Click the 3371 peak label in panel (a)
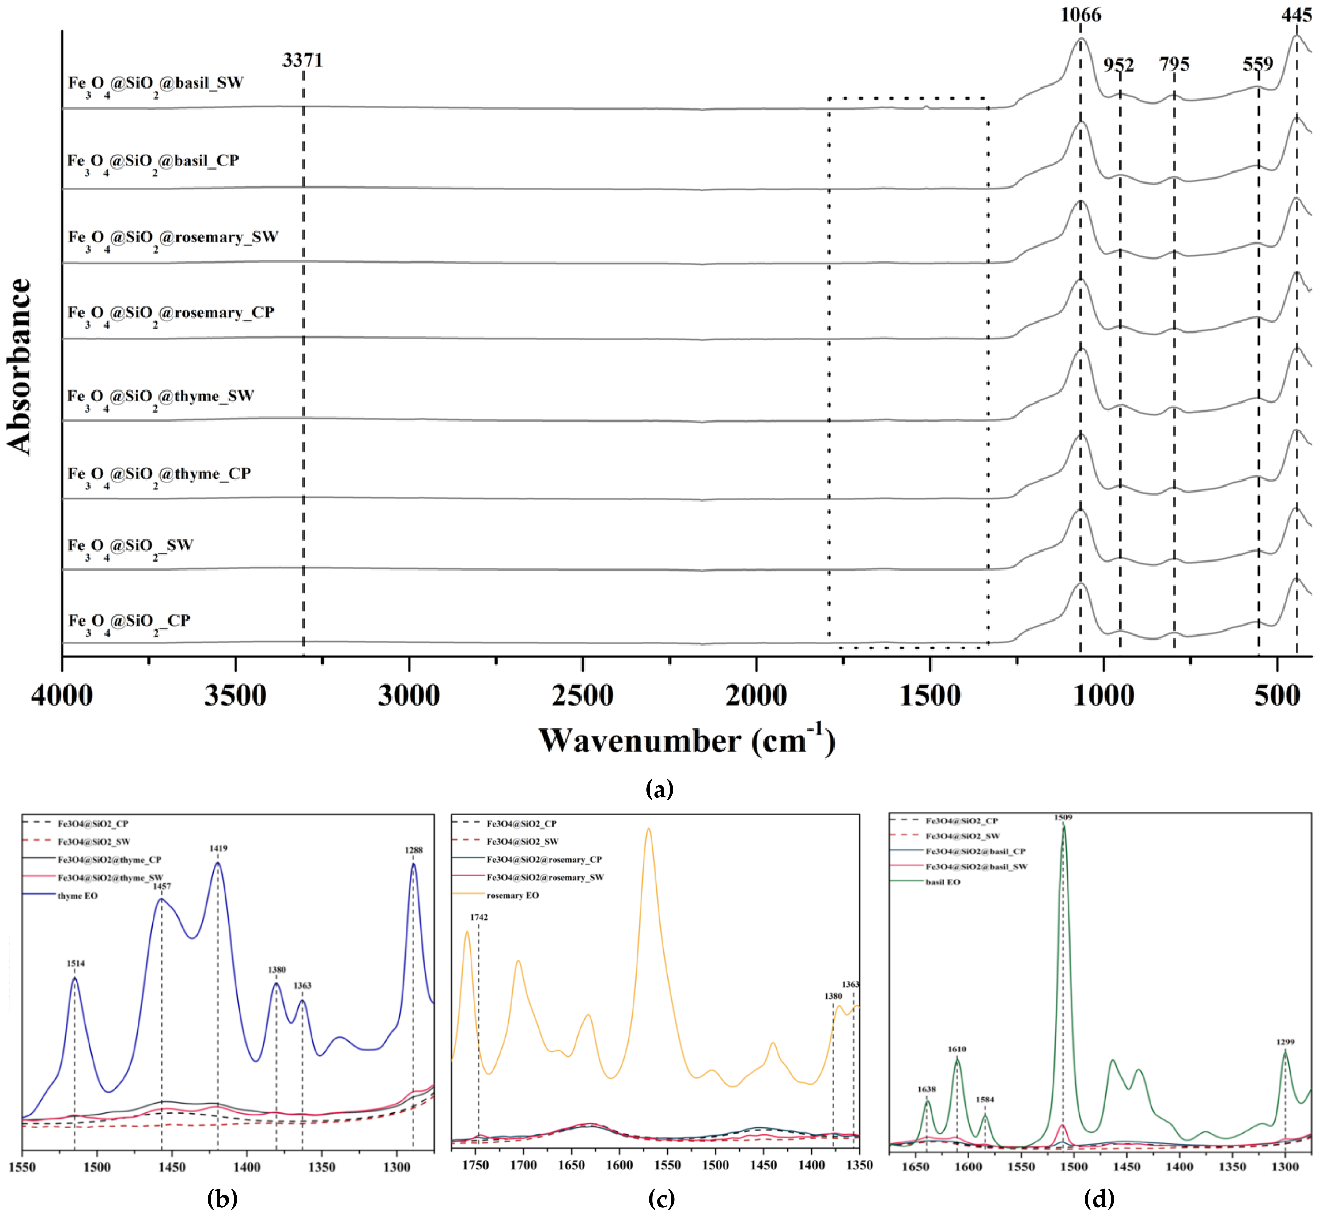303,61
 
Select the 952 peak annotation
1118,65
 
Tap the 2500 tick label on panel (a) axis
583,696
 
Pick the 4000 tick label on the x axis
62,696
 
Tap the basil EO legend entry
943,882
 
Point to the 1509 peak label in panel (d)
1063,817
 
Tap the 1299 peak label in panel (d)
1285,1042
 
